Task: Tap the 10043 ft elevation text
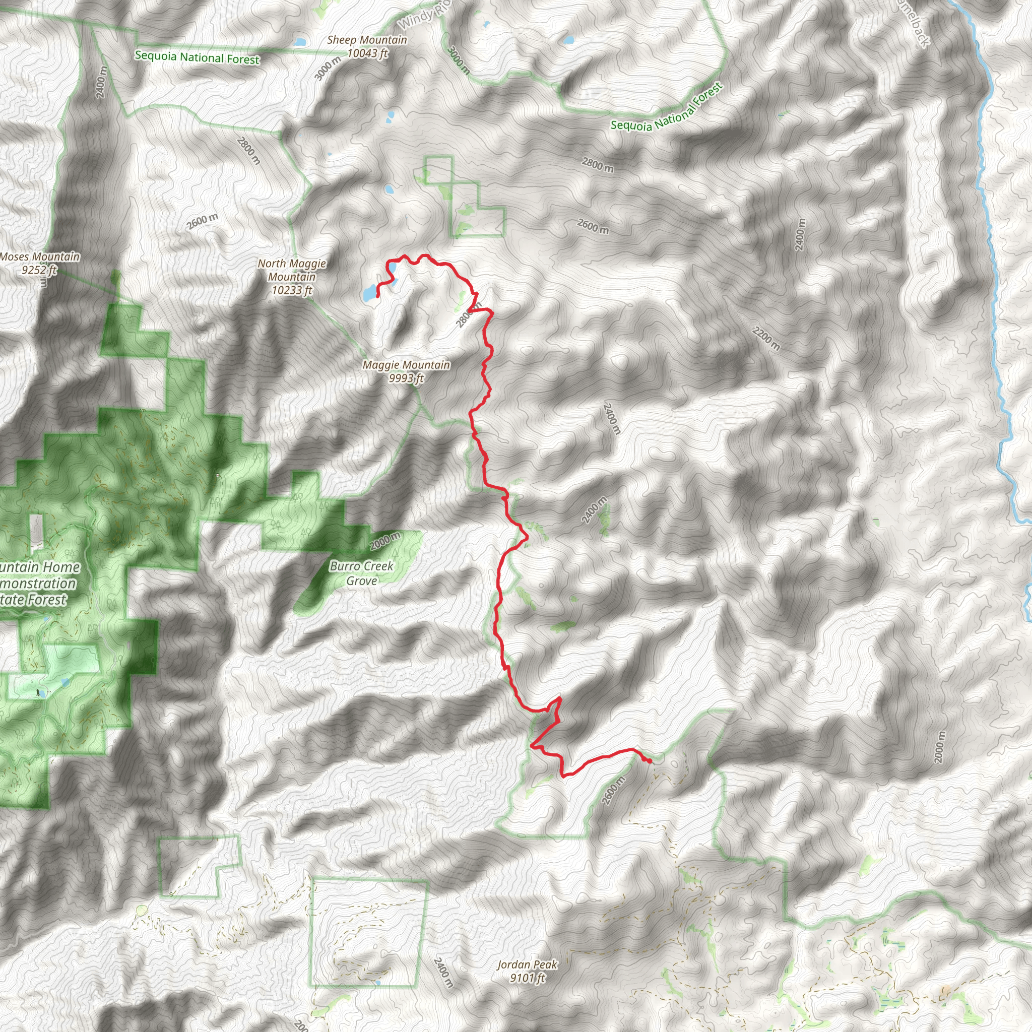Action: coord(367,53)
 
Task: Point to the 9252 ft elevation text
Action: coord(39,270)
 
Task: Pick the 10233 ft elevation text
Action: coord(292,291)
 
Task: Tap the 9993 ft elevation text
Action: coord(406,379)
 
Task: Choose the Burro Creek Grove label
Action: coord(362,573)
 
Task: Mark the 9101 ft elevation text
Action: coord(527,978)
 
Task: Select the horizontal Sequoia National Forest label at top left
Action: coord(197,57)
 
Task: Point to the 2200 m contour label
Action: coord(766,338)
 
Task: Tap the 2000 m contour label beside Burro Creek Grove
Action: coord(384,541)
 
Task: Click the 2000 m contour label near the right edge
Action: coord(940,747)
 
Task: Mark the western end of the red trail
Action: coord(378,295)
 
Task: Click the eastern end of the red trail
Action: coord(650,762)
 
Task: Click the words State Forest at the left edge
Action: coord(33,600)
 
